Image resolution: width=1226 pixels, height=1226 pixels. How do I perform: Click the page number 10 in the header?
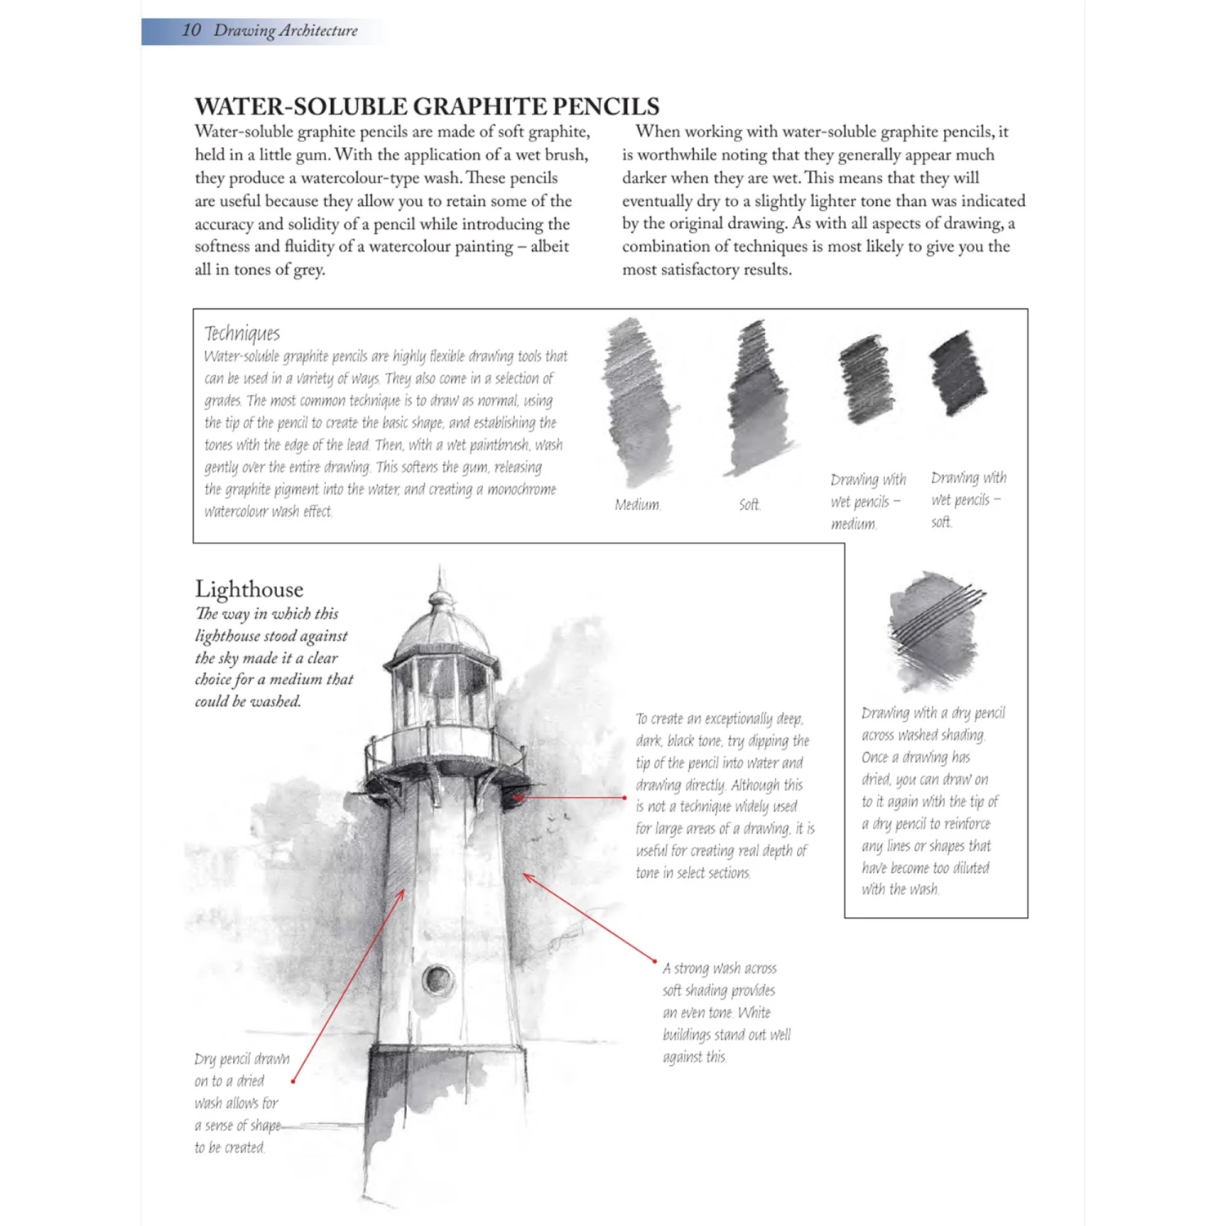click(191, 30)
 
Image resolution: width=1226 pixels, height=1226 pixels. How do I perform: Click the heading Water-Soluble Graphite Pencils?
click(427, 106)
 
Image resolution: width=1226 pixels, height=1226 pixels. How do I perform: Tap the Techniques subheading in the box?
click(242, 333)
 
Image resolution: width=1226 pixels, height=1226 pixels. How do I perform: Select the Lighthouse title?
click(248, 588)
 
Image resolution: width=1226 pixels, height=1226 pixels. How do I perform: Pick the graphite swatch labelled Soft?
click(758, 400)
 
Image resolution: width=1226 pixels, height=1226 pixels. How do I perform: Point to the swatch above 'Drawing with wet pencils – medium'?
click(866, 378)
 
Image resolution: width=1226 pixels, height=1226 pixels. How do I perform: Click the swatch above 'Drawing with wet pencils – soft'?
click(958, 374)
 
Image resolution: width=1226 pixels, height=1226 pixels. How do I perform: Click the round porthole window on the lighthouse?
click(437, 978)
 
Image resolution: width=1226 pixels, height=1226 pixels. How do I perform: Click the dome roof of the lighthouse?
click(442, 629)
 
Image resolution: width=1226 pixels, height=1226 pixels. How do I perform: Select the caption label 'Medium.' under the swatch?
click(638, 504)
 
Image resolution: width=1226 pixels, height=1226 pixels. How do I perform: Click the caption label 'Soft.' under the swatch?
click(749, 504)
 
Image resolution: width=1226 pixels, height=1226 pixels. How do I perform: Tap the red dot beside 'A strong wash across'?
click(655, 960)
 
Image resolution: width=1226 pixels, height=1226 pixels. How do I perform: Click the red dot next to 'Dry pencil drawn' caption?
click(293, 1081)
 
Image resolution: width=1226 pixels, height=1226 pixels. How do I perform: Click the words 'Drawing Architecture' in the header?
click(285, 30)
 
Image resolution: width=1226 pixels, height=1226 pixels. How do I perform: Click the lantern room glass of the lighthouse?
click(441, 691)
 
